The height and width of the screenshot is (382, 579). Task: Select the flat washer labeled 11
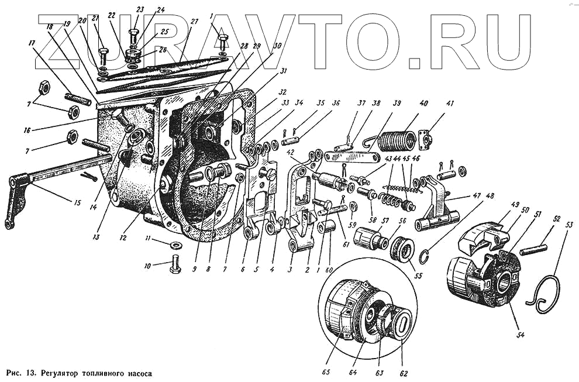pos(176,244)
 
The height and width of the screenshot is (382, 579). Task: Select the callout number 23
pos(139,9)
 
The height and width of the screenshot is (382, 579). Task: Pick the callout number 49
pos(498,204)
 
